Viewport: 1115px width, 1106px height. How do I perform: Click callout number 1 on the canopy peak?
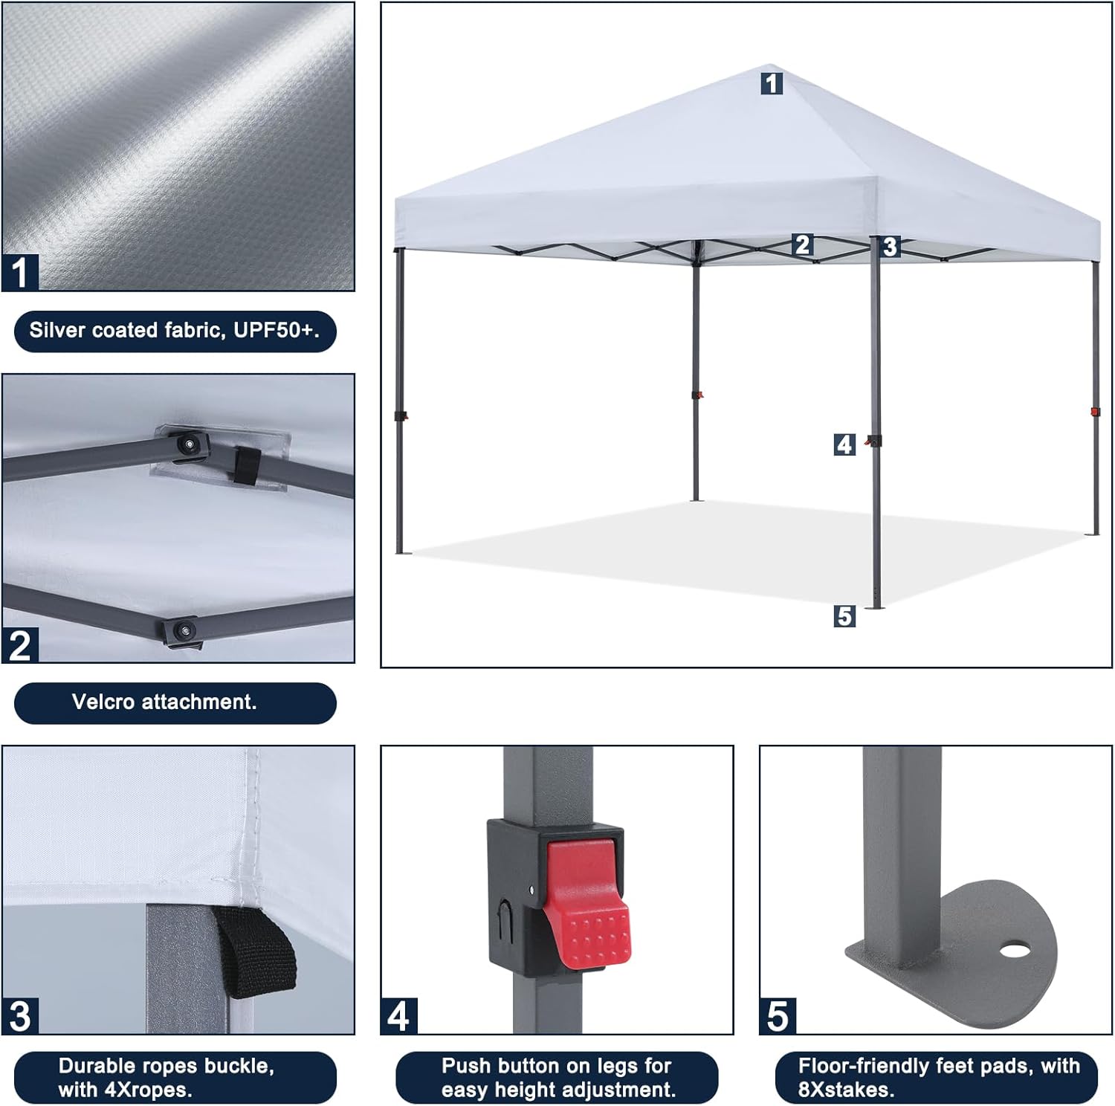[772, 83]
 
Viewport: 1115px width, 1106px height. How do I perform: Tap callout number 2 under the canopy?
[802, 245]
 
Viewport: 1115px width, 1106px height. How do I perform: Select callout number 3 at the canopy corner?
[890, 247]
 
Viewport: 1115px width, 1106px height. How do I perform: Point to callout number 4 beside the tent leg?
[844, 444]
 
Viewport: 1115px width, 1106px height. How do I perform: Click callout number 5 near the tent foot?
[844, 616]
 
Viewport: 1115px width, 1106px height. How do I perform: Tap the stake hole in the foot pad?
[1012, 950]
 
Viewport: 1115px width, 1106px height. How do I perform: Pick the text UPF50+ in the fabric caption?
[276, 331]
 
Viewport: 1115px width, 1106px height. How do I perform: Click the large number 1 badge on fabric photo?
[20, 272]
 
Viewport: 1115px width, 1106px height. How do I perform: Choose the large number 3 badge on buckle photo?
[20, 1016]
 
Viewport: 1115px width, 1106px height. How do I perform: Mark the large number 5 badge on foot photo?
[778, 1016]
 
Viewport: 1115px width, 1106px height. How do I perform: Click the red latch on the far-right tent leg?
[1094, 411]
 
